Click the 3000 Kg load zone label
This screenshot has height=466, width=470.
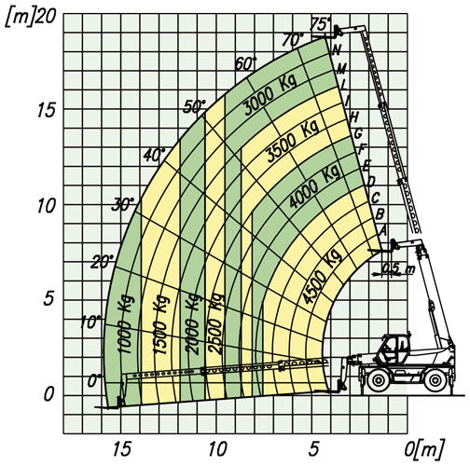[x=270, y=94]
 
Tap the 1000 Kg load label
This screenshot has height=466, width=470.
[x=126, y=324]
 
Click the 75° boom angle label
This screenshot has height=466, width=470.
[x=321, y=24]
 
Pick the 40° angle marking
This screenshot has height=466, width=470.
[x=155, y=155]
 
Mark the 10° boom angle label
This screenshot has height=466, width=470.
[x=91, y=322]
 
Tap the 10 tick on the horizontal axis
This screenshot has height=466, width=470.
[x=217, y=449]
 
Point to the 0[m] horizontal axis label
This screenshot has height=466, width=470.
[x=424, y=449]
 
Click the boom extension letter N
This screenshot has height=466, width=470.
[x=337, y=49]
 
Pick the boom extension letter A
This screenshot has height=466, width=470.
[x=382, y=230]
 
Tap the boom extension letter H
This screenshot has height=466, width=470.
[x=354, y=117]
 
